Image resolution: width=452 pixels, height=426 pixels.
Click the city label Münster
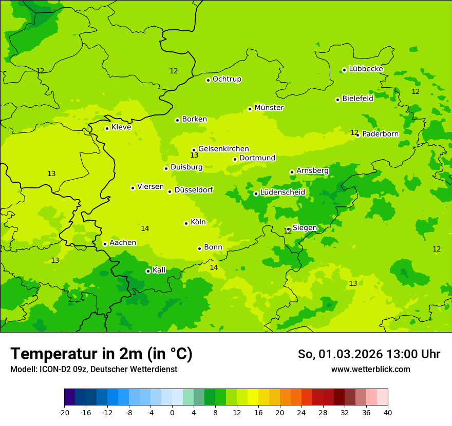pos(269,108)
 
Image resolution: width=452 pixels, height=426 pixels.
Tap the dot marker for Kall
pos(148,271)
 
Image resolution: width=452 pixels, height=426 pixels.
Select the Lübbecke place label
pos(366,69)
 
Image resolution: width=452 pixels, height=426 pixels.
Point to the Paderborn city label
pos(380,134)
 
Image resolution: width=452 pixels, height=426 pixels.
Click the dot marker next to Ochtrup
pos(208,80)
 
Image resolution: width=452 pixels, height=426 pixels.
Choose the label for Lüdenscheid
pos(282,192)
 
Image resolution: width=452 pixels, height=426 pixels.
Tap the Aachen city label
pos(123,243)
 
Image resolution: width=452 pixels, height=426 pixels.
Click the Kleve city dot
pos(107,128)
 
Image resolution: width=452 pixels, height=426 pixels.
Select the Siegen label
pos(305,228)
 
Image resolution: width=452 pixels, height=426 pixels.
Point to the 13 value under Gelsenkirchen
pos(194,155)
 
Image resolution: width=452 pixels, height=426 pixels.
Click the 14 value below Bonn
pos(214,267)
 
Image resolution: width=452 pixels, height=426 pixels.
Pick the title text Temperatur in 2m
pos(101,354)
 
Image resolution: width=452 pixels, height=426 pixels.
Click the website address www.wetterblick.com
pos(370,370)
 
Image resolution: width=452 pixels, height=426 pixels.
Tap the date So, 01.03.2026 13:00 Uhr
pos(369,354)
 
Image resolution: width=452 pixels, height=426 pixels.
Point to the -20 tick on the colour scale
pos(64,413)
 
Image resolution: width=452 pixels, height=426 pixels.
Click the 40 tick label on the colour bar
pos(388,413)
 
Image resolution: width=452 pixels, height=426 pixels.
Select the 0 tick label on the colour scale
pos(172,413)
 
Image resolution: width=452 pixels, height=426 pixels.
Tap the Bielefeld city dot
pos(337,100)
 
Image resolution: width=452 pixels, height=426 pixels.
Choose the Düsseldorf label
pos(194,190)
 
